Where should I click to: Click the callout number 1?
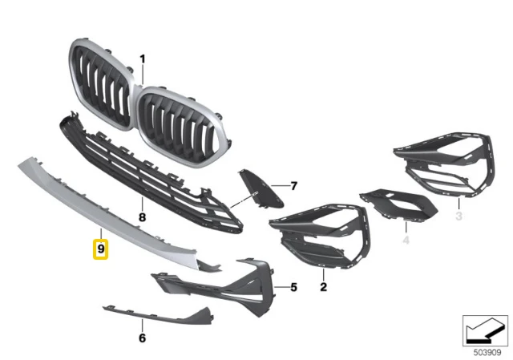click(x=143, y=59)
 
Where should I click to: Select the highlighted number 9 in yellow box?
click(x=101, y=249)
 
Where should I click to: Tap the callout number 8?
click(x=142, y=217)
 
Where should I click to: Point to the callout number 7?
click(x=294, y=186)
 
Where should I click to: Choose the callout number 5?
click(x=294, y=287)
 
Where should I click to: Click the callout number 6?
click(x=142, y=338)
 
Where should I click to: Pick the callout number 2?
click(x=323, y=287)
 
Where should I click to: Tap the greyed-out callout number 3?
click(x=459, y=216)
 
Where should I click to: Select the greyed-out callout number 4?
click(x=406, y=241)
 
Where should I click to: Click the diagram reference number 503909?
click(x=487, y=353)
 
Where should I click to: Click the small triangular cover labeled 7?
click(x=261, y=189)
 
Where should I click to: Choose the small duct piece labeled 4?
click(x=398, y=204)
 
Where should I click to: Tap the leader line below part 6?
click(x=143, y=325)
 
